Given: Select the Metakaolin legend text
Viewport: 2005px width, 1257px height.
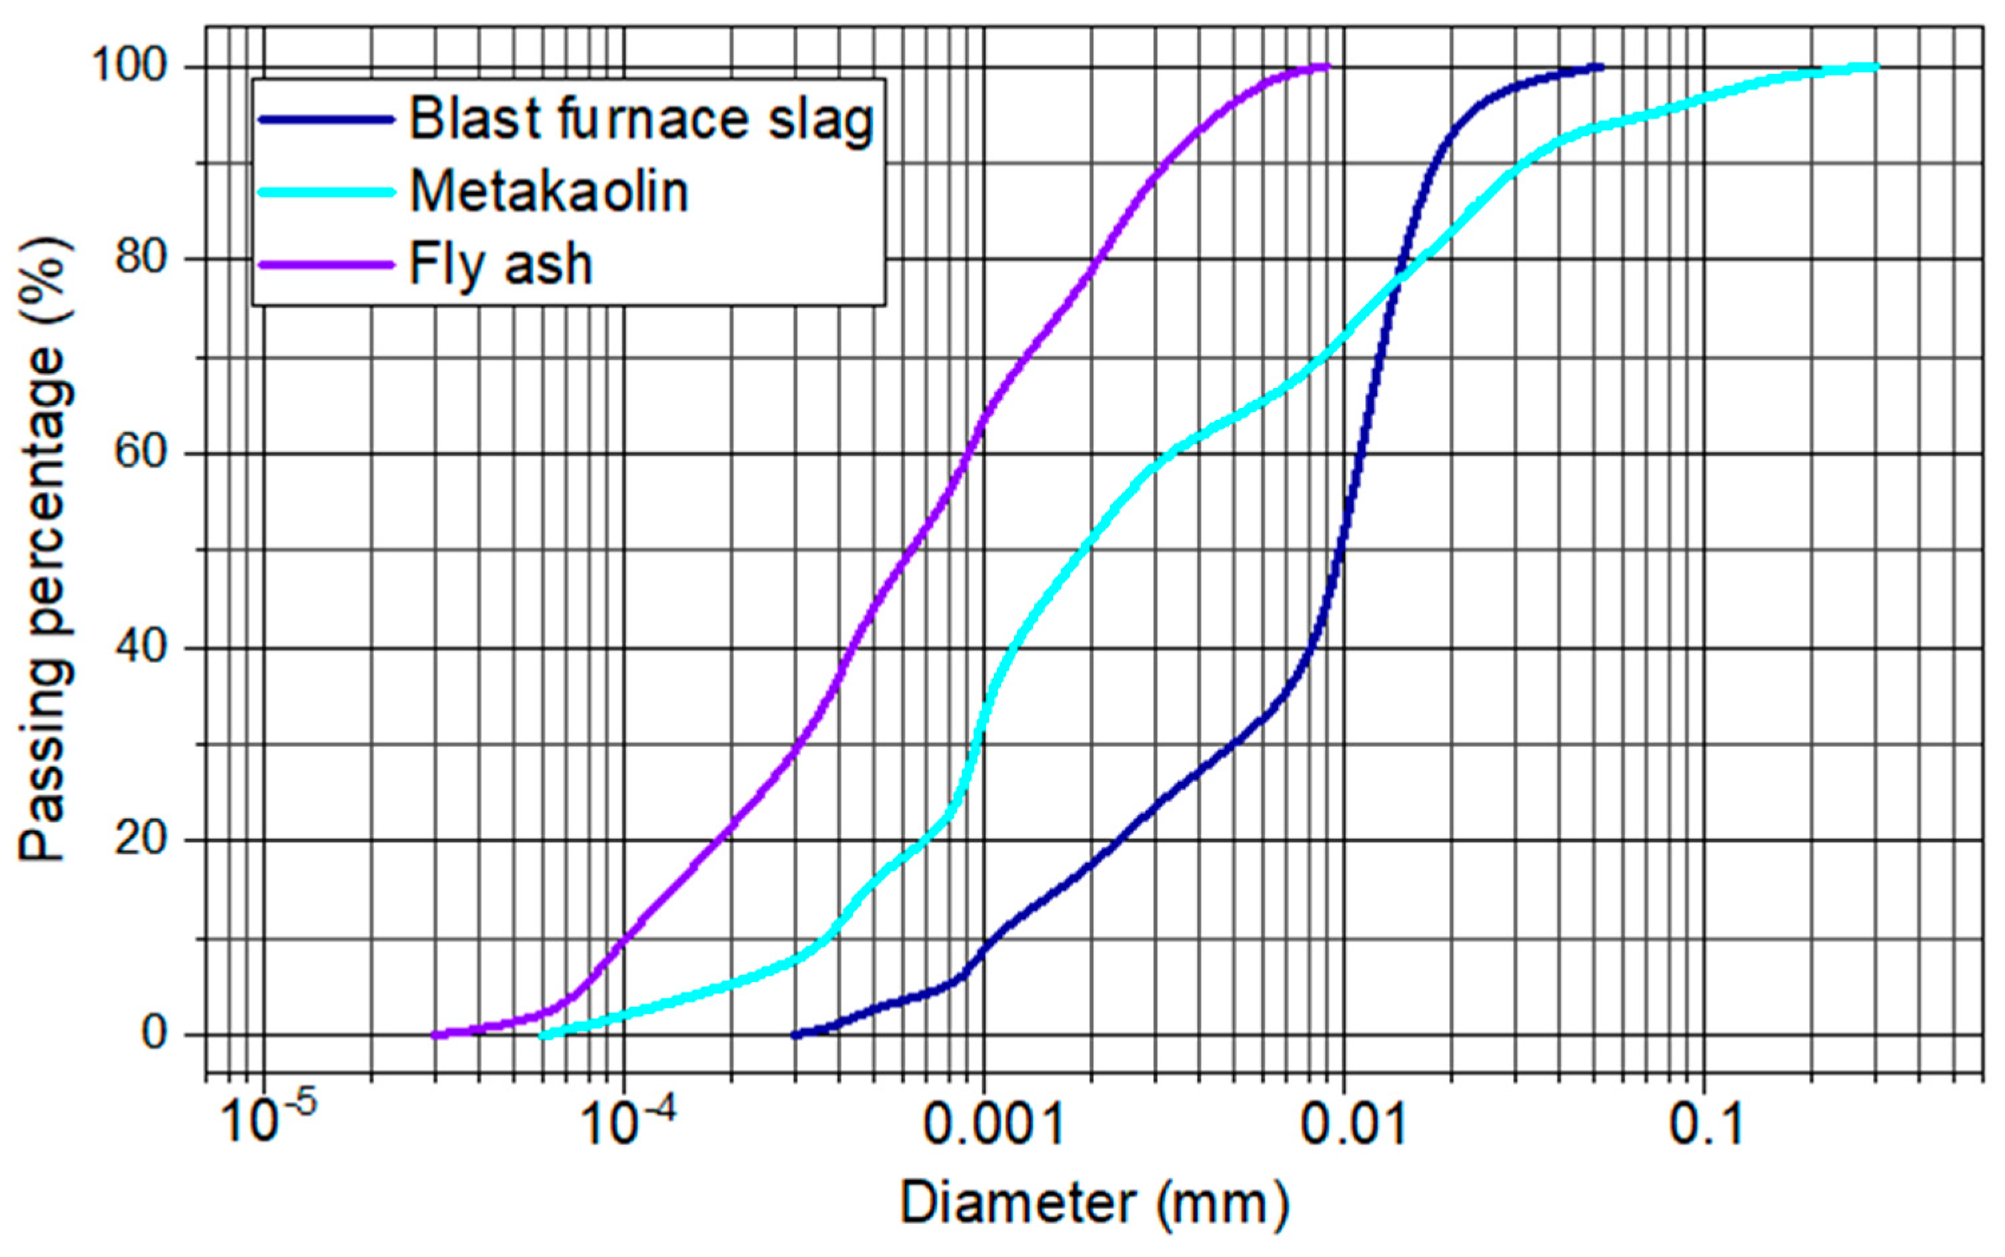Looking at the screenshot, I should coord(549,192).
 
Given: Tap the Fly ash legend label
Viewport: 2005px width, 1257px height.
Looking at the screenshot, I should coord(501,265).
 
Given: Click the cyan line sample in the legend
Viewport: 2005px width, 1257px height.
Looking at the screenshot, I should coord(326,192).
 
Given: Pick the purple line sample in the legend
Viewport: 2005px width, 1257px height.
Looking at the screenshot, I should coord(326,265).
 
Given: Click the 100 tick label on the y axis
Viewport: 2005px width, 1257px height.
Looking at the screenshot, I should coord(131,66).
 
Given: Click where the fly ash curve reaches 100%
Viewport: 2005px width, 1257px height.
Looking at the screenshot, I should coord(1324,67).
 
